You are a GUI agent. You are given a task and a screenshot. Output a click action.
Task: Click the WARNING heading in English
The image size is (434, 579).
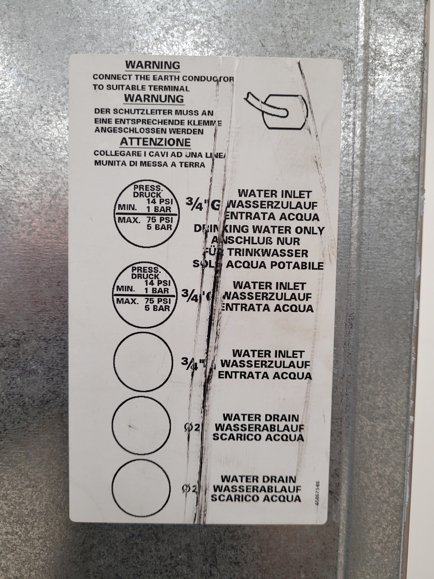point(152,65)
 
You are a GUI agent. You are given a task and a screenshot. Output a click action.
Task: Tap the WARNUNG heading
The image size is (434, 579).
point(154,99)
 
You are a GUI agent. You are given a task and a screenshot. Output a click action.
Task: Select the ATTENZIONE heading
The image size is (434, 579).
point(155,142)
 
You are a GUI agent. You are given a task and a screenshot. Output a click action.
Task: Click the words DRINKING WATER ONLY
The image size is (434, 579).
point(259,230)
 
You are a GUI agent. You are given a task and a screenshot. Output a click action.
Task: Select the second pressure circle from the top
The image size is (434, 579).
point(144,295)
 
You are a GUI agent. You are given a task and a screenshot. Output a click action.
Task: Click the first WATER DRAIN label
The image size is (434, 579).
point(261,417)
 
